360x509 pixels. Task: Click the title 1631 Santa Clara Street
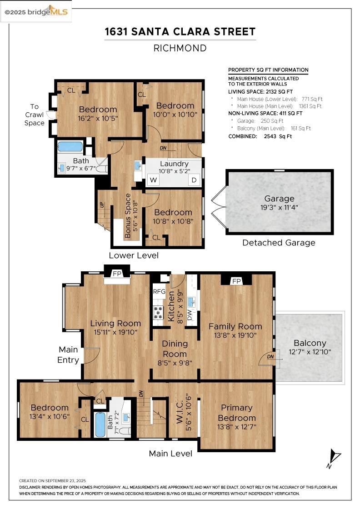click(x=180, y=32)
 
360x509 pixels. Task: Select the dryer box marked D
click(x=194, y=180)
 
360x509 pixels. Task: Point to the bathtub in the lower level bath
click(x=70, y=147)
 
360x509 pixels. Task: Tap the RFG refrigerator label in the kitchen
click(x=159, y=291)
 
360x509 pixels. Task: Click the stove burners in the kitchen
click(x=159, y=312)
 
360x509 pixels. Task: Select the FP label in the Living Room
click(x=117, y=274)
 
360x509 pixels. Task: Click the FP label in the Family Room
click(x=236, y=281)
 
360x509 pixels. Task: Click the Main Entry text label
click(x=68, y=355)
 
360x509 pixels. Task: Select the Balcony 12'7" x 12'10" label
click(x=310, y=347)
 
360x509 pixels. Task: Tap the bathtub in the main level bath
click(x=100, y=424)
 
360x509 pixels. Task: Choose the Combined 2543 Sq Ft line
click(x=260, y=136)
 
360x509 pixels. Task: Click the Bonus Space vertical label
click(x=129, y=216)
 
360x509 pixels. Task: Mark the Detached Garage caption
click(x=279, y=243)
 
